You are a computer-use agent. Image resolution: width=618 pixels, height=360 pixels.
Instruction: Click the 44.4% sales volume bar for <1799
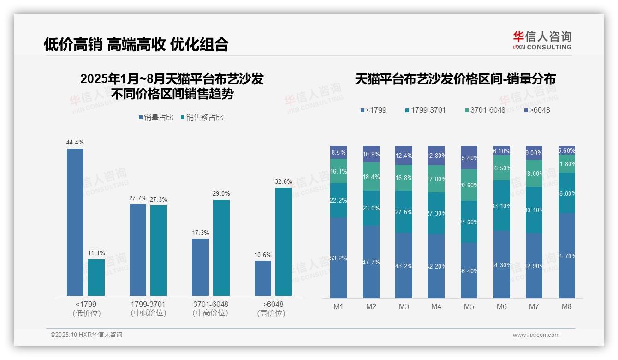(x=75, y=222)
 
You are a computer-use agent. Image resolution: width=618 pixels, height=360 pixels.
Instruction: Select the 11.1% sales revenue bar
(x=96, y=277)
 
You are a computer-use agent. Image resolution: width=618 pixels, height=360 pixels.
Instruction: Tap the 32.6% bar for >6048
(x=284, y=241)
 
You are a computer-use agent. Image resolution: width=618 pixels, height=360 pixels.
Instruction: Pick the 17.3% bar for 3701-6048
(x=200, y=267)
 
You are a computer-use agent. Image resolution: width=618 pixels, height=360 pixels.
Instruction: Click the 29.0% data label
(x=221, y=193)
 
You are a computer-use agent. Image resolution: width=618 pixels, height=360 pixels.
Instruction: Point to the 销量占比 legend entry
(x=156, y=118)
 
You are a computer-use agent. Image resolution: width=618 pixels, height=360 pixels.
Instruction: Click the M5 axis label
(x=469, y=306)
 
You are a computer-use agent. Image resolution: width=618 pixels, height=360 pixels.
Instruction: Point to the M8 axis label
(x=567, y=306)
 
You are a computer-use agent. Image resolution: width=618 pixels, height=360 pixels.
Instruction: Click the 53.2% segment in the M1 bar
(x=339, y=258)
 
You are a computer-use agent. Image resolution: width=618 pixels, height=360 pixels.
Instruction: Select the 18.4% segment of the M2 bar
(x=371, y=176)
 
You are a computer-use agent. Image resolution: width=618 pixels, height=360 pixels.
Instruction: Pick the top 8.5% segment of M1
(x=339, y=152)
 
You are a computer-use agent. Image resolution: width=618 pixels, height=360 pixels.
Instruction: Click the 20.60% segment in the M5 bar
(x=469, y=185)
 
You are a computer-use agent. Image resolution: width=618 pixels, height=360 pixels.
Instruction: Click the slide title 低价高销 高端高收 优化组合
(x=136, y=44)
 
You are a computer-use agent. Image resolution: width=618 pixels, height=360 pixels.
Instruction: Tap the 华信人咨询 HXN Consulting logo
(x=542, y=40)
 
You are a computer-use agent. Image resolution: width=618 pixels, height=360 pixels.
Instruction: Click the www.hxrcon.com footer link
(x=536, y=335)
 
